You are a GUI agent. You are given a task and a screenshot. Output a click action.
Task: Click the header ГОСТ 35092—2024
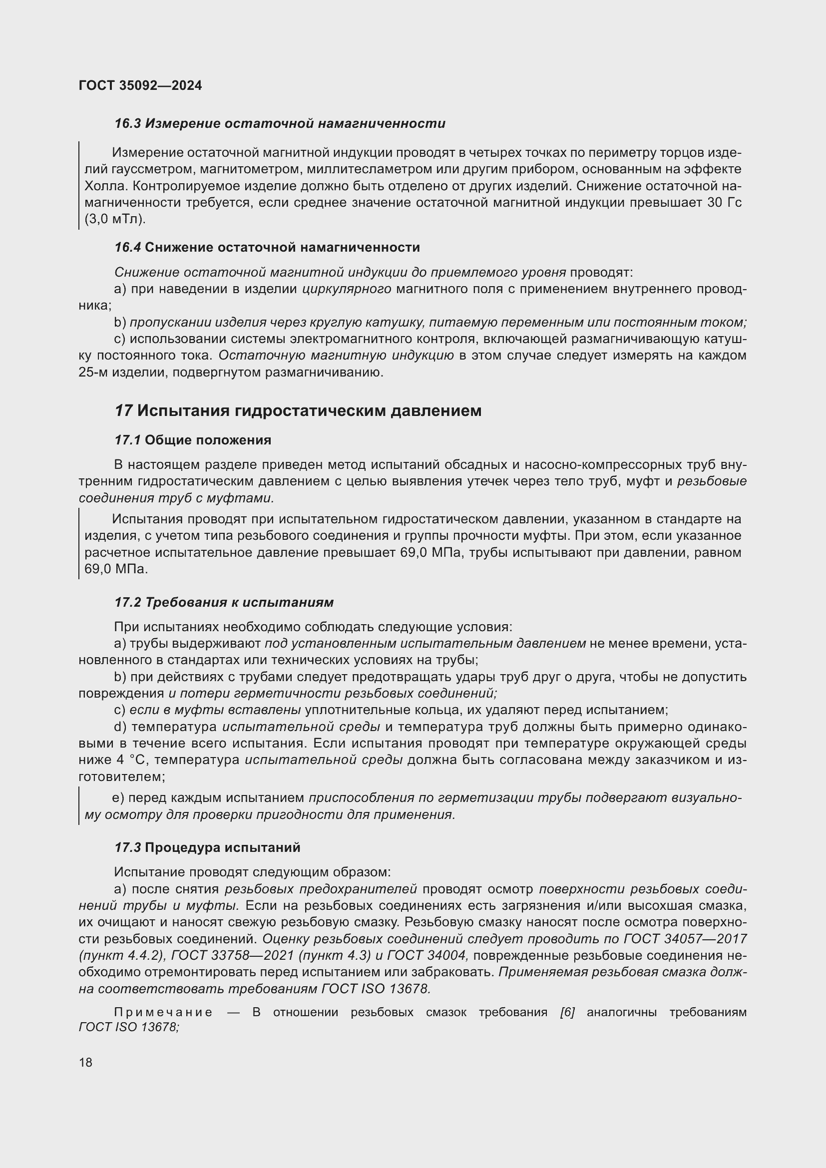(140, 85)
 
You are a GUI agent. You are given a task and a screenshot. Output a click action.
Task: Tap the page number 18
(85, 1062)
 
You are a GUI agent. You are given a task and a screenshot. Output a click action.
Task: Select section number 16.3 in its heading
(127, 124)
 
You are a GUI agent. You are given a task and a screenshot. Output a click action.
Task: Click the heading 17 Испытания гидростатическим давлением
(298, 410)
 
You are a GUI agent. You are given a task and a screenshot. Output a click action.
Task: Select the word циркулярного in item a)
(347, 289)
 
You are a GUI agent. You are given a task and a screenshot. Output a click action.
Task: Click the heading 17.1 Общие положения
(193, 440)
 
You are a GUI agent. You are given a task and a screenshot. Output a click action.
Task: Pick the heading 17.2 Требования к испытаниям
(224, 602)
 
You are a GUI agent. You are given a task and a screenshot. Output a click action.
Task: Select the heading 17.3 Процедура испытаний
(207, 847)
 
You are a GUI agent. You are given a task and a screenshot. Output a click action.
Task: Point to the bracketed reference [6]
(567, 1012)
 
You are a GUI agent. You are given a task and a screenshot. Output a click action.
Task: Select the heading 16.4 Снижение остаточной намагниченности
(267, 248)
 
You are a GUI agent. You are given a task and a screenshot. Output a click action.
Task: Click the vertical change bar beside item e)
(79, 806)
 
